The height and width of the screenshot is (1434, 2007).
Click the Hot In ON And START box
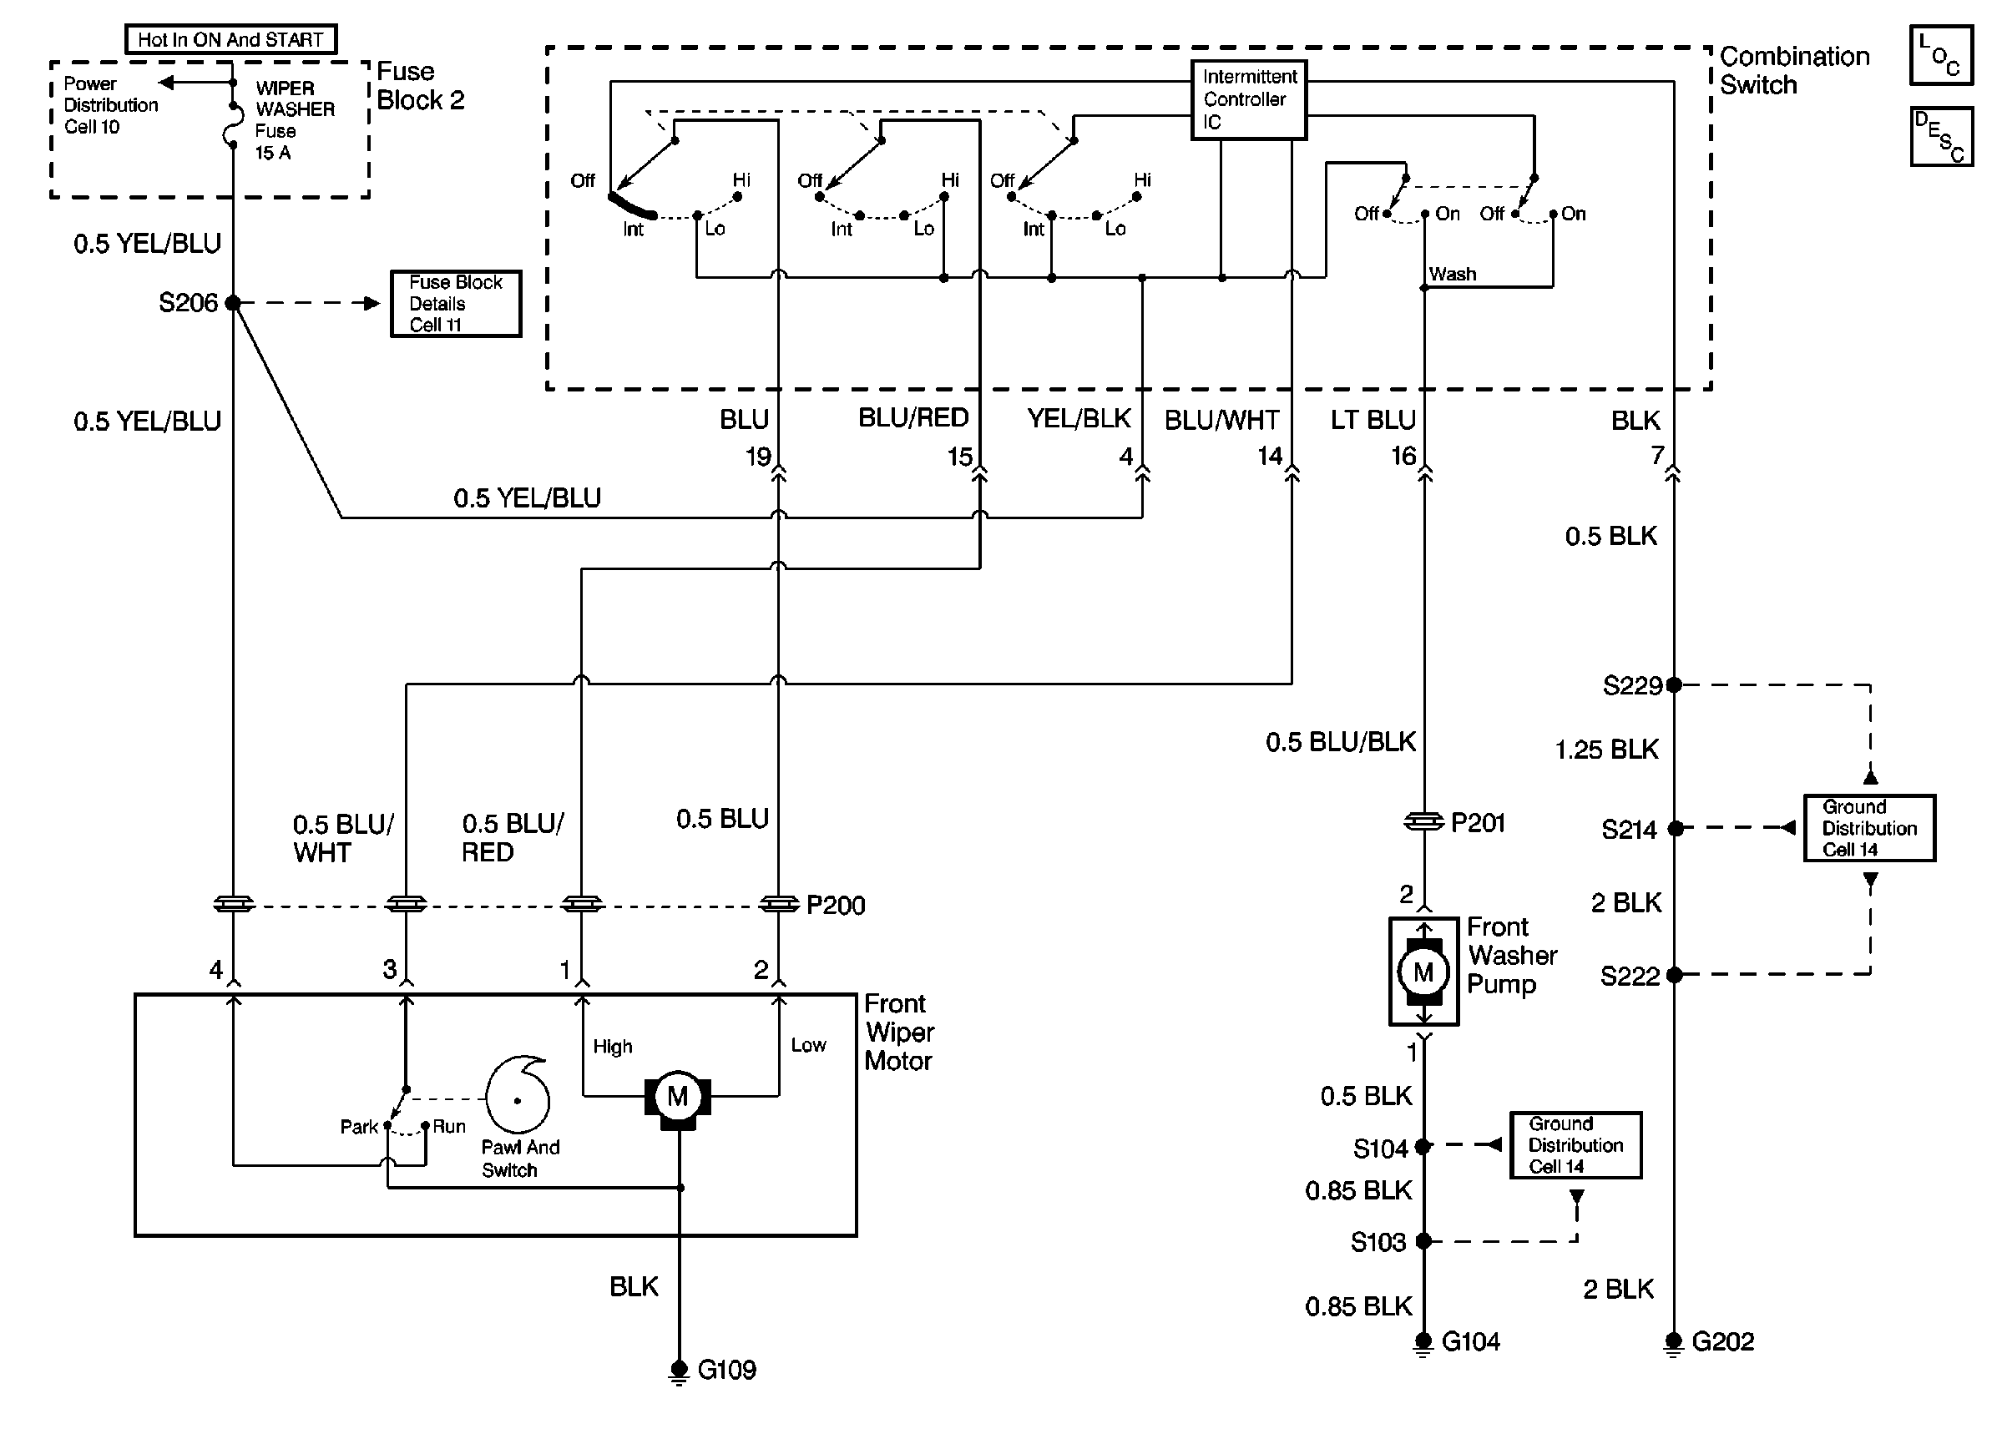[x=230, y=40]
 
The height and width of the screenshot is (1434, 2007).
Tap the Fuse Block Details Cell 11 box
[x=456, y=304]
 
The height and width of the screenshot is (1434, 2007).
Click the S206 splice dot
[x=233, y=303]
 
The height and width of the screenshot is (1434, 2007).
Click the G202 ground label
[x=1722, y=1342]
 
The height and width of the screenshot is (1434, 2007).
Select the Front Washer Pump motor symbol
[x=1423, y=972]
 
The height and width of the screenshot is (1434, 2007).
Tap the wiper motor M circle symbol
[x=677, y=1097]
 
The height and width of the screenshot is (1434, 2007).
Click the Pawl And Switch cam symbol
[x=519, y=1095]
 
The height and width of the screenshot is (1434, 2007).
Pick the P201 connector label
[x=1477, y=823]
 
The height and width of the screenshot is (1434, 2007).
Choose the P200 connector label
[x=836, y=905]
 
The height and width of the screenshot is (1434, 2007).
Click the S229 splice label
[x=1632, y=686]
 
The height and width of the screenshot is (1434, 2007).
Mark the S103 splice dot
[x=1423, y=1240]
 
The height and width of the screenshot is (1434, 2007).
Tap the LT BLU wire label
[x=1373, y=421]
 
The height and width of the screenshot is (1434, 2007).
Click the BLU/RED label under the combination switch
[x=913, y=418]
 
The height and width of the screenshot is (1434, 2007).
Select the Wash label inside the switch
[x=1453, y=274]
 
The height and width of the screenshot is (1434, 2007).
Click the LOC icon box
[x=1941, y=55]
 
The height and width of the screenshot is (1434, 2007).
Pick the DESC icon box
[x=1941, y=137]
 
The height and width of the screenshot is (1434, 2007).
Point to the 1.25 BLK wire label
[x=1606, y=750]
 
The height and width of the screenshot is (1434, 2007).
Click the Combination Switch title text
[x=1794, y=71]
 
